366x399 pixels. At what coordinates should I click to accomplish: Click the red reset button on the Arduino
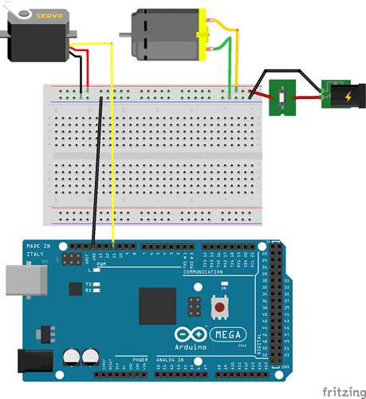tap(217, 306)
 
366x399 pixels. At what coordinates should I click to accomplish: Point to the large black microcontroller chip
tap(156, 305)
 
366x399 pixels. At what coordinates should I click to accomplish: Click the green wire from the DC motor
tap(230, 72)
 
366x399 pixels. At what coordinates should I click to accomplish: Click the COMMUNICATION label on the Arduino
tap(205, 272)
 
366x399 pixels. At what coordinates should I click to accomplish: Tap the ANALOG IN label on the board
tap(170, 360)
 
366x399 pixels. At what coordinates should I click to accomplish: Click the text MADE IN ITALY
tap(39, 250)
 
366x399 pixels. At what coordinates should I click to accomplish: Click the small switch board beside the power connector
tap(284, 97)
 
